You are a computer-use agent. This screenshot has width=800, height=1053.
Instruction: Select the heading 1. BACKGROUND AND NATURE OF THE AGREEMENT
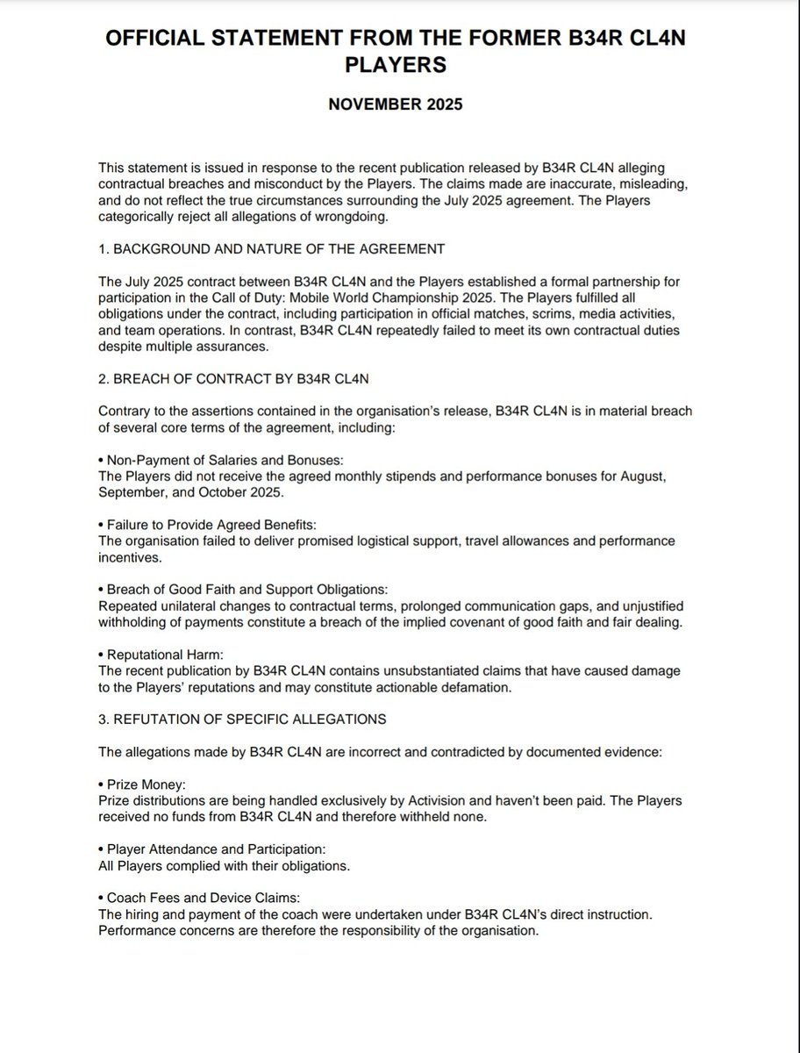(271, 248)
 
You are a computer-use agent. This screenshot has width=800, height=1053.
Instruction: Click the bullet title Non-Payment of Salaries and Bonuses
(218, 460)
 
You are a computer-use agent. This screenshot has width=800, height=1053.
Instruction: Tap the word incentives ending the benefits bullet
(130, 555)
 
